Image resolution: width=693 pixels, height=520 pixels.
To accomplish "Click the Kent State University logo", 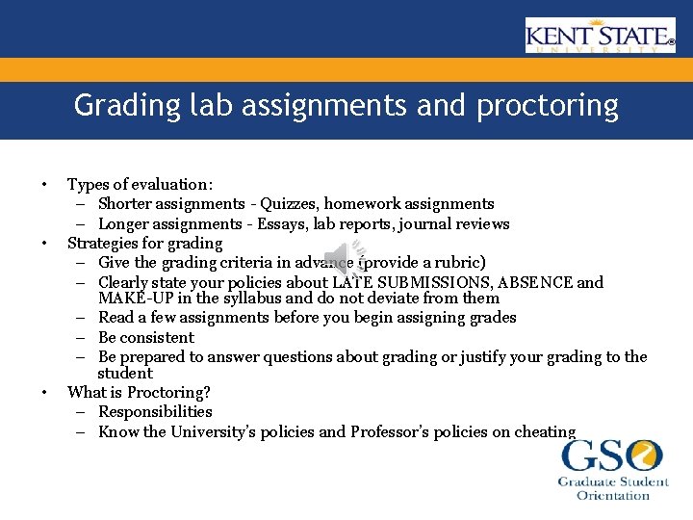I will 600,36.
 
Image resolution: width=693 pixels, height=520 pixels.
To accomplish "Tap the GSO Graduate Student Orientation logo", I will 613,470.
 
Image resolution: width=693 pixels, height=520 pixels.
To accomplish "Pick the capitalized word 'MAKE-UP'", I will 133,298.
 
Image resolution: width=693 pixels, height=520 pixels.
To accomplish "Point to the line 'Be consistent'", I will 145,337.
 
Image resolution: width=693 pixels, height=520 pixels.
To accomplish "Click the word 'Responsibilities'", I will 155,412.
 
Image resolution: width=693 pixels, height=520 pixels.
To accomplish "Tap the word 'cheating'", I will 543,431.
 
